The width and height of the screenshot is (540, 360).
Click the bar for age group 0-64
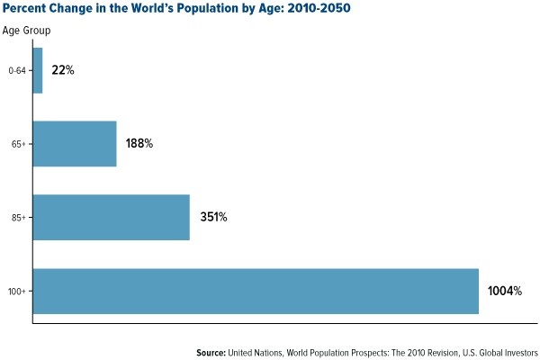click(x=38, y=69)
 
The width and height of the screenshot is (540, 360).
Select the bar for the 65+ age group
click(x=75, y=143)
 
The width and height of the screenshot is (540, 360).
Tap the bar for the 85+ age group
click(x=111, y=217)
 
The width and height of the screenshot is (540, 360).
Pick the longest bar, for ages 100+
click(x=256, y=291)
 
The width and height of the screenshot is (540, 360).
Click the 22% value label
click(x=62, y=69)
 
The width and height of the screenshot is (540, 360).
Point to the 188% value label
click(x=139, y=143)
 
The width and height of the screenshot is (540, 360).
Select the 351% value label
click(x=213, y=217)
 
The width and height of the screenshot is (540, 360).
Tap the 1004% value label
click(x=505, y=291)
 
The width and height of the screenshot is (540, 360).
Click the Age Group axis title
click(x=26, y=30)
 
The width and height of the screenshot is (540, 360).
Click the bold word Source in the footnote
click(x=214, y=352)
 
